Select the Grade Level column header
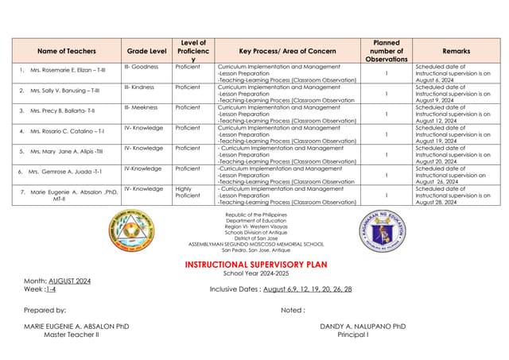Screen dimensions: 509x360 (x=147, y=51)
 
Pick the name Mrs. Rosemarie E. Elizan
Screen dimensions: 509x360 (x=68, y=72)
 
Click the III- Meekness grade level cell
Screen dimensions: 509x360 (x=143, y=106)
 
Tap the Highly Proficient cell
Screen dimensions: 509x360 (x=188, y=192)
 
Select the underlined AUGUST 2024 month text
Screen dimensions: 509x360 (x=70, y=281)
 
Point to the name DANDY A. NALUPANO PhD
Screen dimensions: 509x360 (x=363, y=327)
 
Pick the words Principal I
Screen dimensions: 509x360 (x=352, y=335)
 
